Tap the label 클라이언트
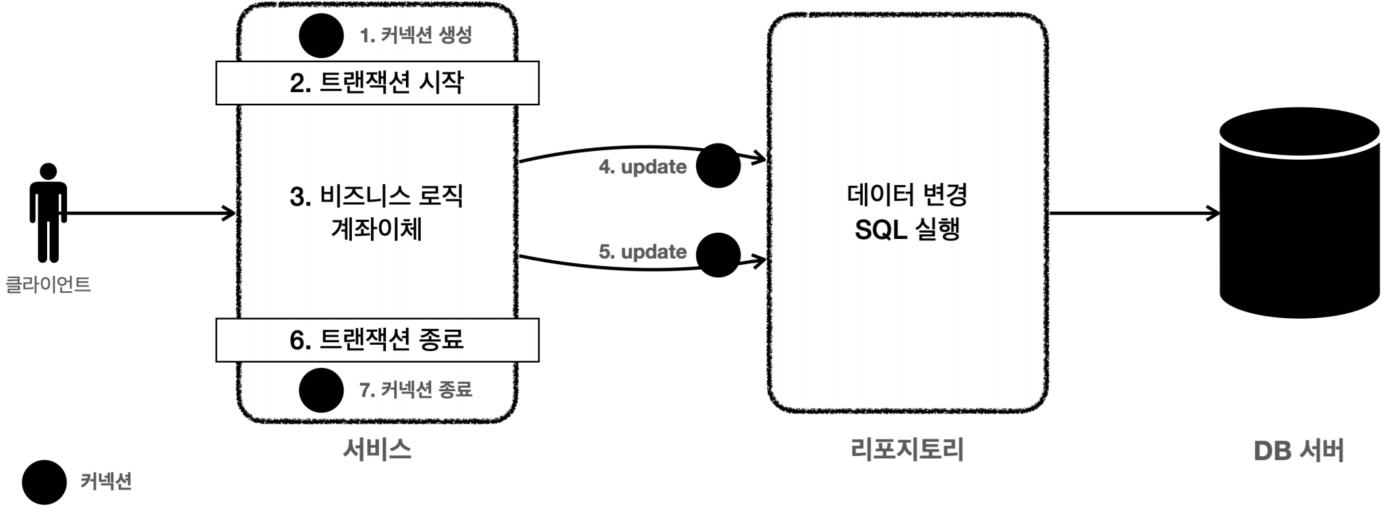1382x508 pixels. [x=48, y=285]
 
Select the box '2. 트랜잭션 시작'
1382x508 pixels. [x=377, y=83]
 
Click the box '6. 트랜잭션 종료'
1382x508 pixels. [x=377, y=339]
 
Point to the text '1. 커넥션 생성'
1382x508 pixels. [x=415, y=35]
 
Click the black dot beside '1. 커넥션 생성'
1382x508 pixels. [x=321, y=36]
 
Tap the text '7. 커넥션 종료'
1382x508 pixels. [x=415, y=390]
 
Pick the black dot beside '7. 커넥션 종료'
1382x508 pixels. [x=321, y=391]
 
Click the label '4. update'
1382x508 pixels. [x=643, y=167]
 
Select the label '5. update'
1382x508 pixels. [x=643, y=251]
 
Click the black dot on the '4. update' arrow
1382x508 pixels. [x=718, y=165]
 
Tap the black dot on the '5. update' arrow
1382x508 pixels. [x=718, y=255]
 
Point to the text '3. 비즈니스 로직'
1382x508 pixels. [x=376, y=197]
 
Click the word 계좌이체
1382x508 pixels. [x=376, y=229]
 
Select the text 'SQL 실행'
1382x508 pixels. [x=907, y=229]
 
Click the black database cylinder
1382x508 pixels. [x=1299, y=212]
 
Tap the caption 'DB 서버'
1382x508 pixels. [x=1299, y=451]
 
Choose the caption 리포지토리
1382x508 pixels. [x=907, y=449]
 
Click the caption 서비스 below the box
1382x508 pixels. [x=377, y=449]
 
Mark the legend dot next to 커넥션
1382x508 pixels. [x=44, y=482]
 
